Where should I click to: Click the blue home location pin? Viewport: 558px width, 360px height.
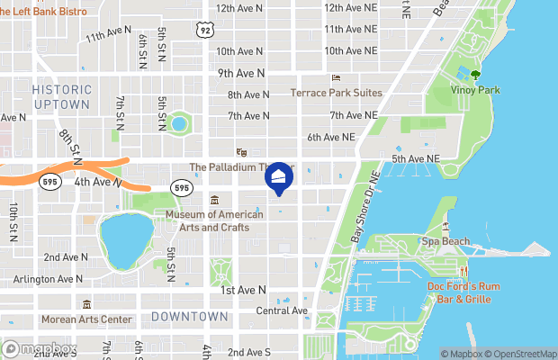pos(279,177)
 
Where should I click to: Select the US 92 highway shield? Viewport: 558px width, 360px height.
pos(205,30)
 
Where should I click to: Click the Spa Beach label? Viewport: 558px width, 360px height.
pos(446,242)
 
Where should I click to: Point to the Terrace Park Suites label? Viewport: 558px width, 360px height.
pos(337,93)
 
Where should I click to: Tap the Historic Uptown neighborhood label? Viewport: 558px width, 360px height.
pos(61,97)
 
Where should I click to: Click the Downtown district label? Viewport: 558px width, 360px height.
pos(189,317)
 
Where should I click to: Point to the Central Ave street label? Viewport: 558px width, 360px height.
pos(282,311)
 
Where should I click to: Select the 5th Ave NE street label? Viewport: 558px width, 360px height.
pos(416,159)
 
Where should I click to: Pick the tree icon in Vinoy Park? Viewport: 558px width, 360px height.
pos(475,76)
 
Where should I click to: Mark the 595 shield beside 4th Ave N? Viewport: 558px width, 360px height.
pos(181,187)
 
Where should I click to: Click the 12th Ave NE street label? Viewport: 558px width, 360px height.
pos(350,7)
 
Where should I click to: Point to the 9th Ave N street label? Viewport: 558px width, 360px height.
pos(240,73)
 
